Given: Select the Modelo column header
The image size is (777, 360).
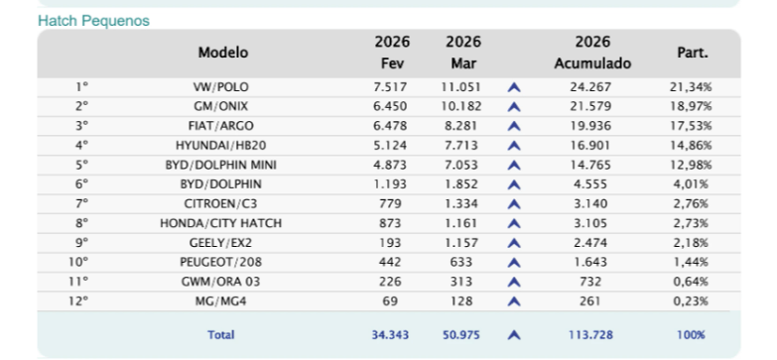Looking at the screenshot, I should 222,52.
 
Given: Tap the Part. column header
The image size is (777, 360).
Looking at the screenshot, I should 691,52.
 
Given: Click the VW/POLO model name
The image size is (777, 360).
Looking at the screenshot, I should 221,87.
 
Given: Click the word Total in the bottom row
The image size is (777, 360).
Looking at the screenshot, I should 221,335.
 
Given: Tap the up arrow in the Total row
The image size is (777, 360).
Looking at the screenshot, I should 514,335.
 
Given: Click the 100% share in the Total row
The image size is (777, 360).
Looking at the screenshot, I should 691,335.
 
